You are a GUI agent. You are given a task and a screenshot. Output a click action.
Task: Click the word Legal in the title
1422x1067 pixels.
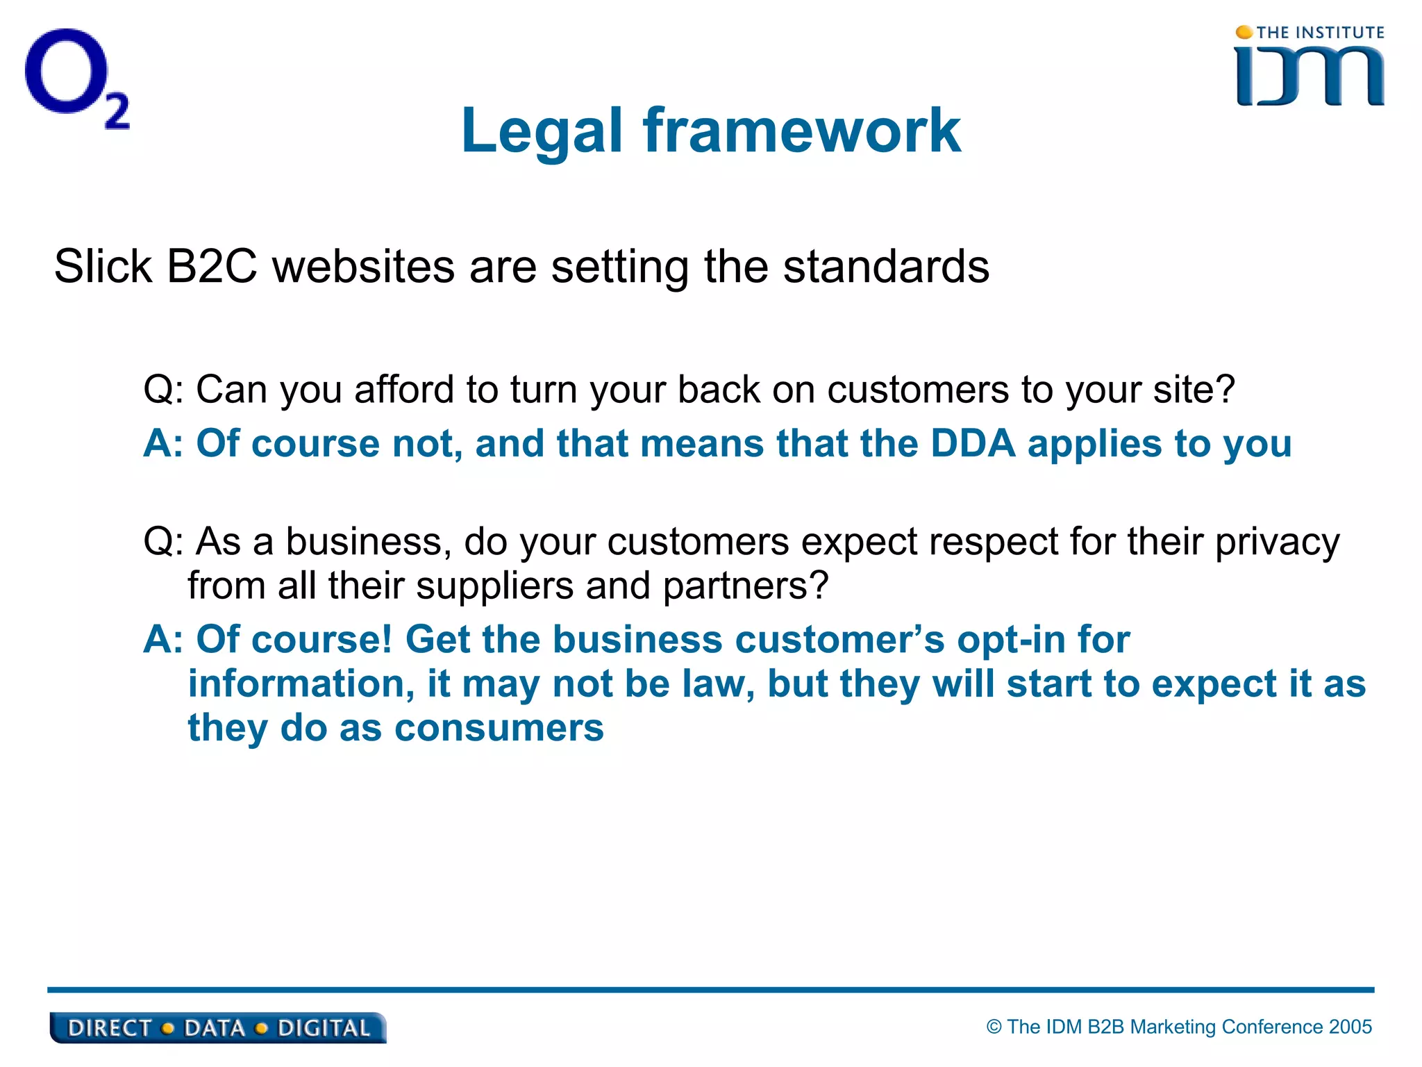click(542, 132)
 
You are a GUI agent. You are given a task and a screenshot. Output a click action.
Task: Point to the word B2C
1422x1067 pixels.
click(212, 267)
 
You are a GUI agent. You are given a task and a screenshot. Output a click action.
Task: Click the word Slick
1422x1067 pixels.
click(103, 267)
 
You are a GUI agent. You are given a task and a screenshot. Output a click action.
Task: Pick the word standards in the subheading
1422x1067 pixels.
click(886, 267)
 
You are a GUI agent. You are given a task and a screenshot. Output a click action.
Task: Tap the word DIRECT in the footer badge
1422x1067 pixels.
click(110, 1028)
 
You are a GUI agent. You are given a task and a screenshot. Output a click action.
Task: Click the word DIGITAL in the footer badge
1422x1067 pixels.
click(324, 1028)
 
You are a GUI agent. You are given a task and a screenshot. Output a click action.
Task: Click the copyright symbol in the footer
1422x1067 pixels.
click(994, 1027)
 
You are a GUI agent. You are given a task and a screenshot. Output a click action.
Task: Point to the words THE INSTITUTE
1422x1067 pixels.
click(1320, 33)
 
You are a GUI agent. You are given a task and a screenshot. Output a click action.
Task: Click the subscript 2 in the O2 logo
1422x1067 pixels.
click(117, 111)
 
